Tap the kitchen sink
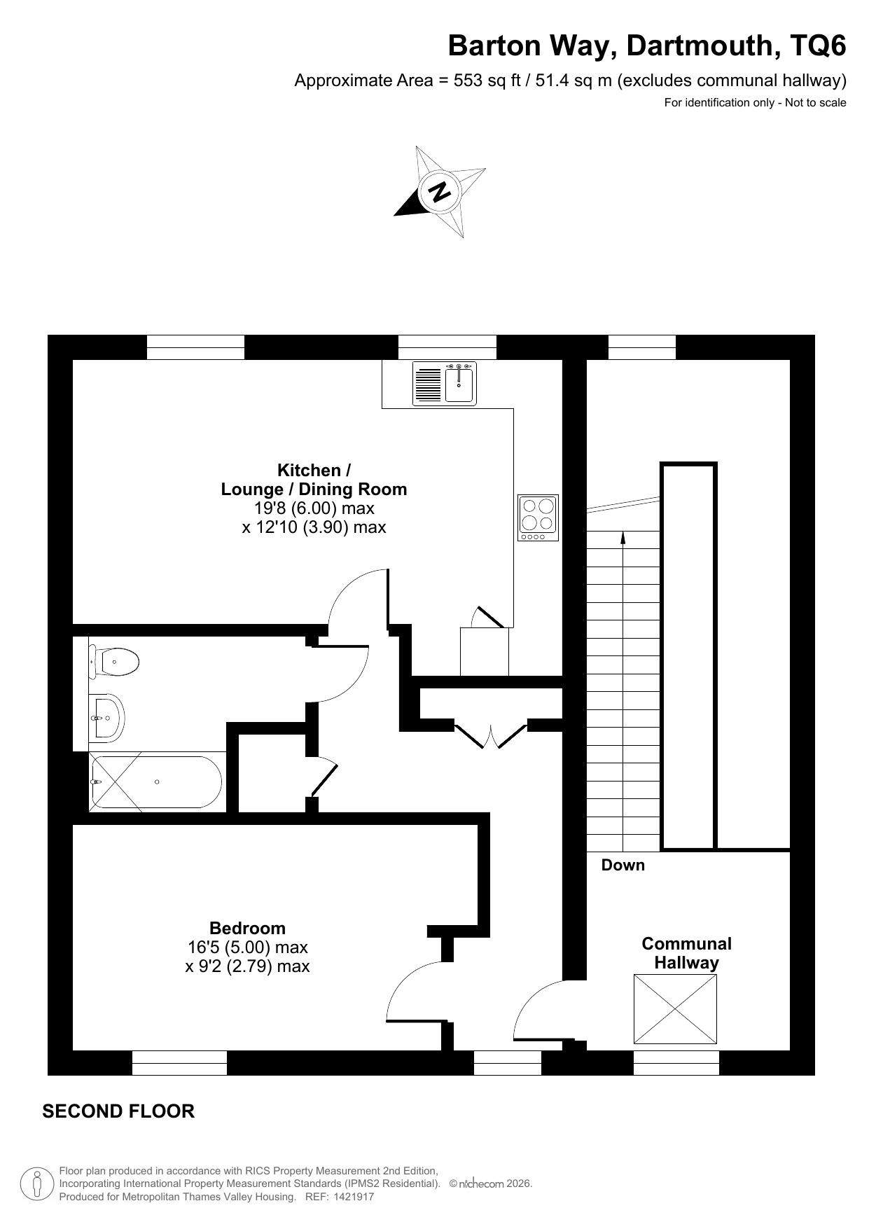pyautogui.click(x=445, y=384)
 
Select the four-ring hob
pyautogui.click(x=538, y=518)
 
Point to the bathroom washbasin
pyautogui.click(x=106, y=718)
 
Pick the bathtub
pyautogui.click(x=155, y=782)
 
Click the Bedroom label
pyautogui.click(x=248, y=928)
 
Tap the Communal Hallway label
pyautogui.click(x=687, y=953)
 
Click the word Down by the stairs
pyautogui.click(x=623, y=865)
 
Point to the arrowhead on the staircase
pyautogui.click(x=623, y=536)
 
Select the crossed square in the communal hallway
pyautogui.click(x=676, y=1008)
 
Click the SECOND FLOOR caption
pyautogui.click(x=118, y=1111)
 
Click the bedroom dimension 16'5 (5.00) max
pyautogui.click(x=248, y=947)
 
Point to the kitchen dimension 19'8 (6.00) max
pyautogui.click(x=314, y=508)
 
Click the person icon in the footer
pyautogui.click(x=38, y=1184)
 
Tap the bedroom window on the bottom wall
pyautogui.click(x=180, y=1062)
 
